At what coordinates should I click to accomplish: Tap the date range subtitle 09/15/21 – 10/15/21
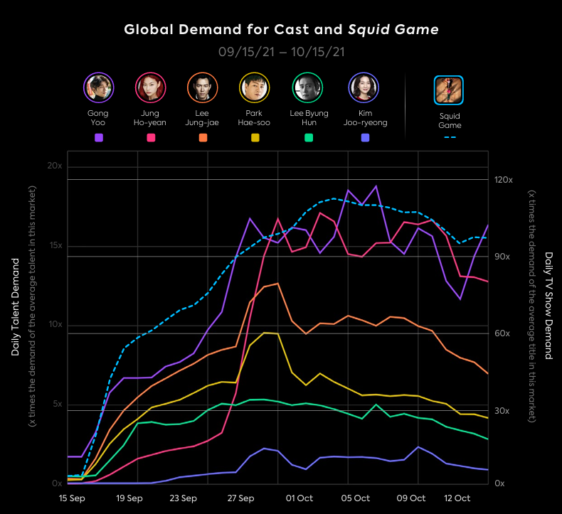pyautogui.click(x=281, y=52)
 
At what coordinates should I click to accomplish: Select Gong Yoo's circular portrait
pyautogui.click(x=98, y=87)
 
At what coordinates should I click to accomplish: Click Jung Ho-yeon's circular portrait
pyautogui.click(x=150, y=87)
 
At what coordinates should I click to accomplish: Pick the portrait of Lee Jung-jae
pyautogui.click(x=202, y=87)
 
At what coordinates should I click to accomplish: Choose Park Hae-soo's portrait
pyautogui.click(x=254, y=87)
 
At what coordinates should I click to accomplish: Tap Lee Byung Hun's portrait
pyautogui.click(x=307, y=87)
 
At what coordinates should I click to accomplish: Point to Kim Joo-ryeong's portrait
pyautogui.click(x=364, y=87)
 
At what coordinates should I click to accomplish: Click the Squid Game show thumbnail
pyautogui.click(x=449, y=90)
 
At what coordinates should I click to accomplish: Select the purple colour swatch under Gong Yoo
pyautogui.click(x=98, y=138)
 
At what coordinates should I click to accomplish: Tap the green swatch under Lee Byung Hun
pyautogui.click(x=308, y=138)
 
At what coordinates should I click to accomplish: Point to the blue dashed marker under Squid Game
pyautogui.click(x=450, y=137)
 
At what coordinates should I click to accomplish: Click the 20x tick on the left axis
pyautogui.click(x=55, y=165)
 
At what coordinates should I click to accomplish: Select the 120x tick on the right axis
pyautogui.click(x=504, y=180)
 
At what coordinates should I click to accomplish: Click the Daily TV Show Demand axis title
pyautogui.click(x=548, y=306)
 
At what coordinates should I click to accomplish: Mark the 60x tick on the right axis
pyautogui.click(x=502, y=333)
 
